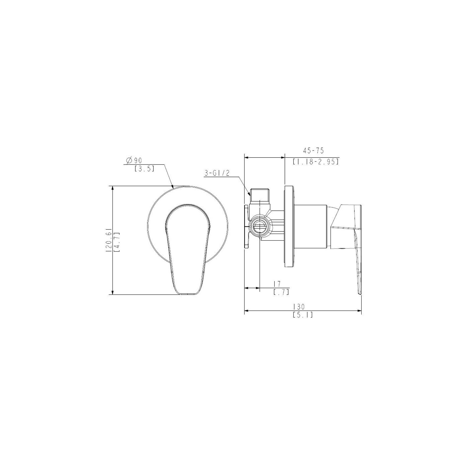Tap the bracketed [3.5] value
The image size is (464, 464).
144,168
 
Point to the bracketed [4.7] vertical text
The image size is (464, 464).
116,242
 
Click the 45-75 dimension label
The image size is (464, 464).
313,151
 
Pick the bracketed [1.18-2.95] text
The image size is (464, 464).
316,162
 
